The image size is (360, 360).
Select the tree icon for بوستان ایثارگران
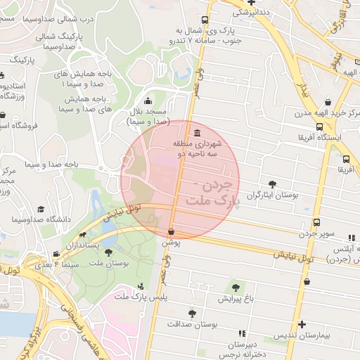point(272,184)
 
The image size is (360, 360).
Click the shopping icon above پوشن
point(172,231)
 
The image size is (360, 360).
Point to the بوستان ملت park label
point(112,262)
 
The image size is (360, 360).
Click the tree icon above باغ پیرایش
point(235,287)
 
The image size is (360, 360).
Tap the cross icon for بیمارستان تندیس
point(302,325)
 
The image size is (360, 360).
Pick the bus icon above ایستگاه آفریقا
point(320,127)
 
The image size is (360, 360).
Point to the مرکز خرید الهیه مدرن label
point(324,113)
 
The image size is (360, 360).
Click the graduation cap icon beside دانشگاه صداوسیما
point(41,210)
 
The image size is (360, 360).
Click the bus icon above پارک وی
point(204,20)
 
